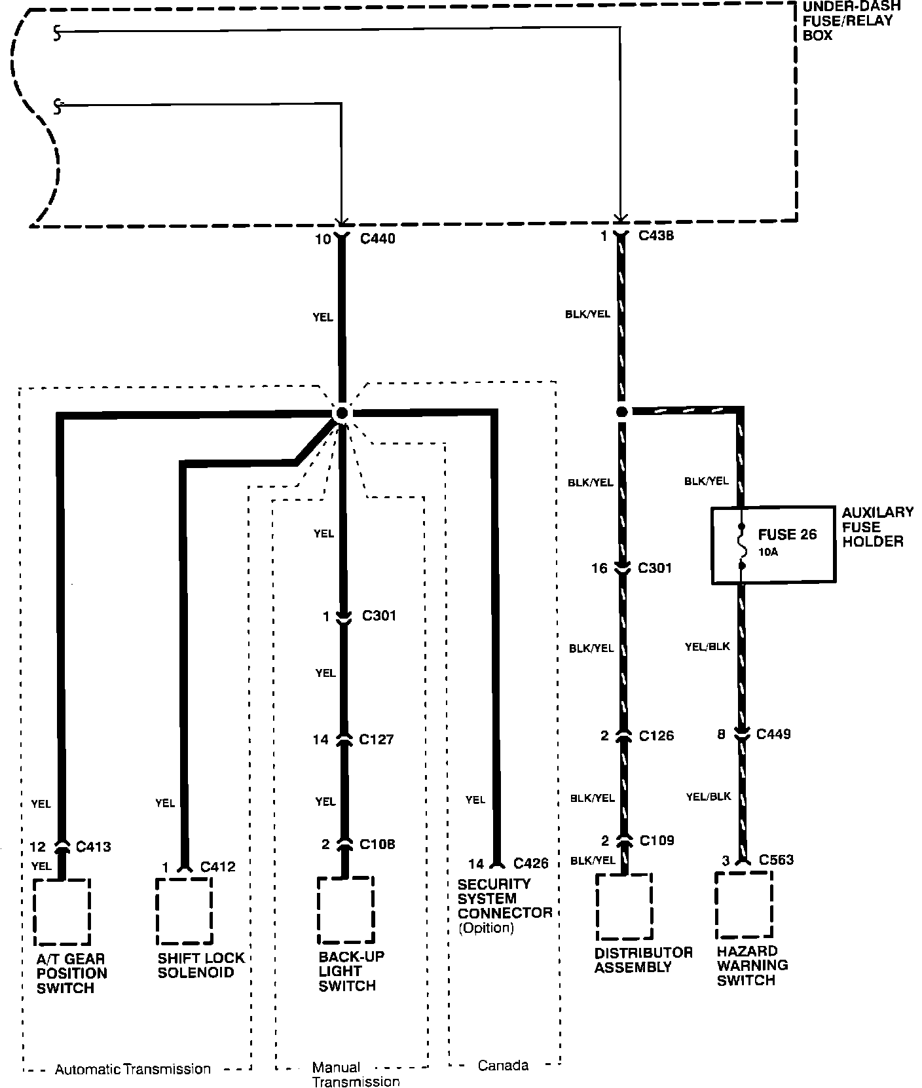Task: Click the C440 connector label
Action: [378, 239]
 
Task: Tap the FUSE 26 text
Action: [787, 535]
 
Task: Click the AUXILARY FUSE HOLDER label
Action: [877, 527]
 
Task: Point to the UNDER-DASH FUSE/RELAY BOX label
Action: [851, 21]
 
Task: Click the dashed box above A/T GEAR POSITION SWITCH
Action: [62, 912]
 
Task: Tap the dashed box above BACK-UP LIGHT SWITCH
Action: [346, 909]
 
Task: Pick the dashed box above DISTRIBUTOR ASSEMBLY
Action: [624, 907]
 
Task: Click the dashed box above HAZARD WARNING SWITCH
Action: [744, 904]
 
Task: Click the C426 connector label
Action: [531, 864]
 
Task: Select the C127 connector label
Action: [377, 740]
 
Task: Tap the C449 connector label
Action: [773, 734]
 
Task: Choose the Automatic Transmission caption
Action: [133, 1070]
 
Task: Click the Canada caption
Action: [503, 1066]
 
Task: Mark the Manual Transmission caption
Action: [356, 1074]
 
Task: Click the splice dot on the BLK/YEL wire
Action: [621, 412]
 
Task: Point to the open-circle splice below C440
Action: [341, 413]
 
